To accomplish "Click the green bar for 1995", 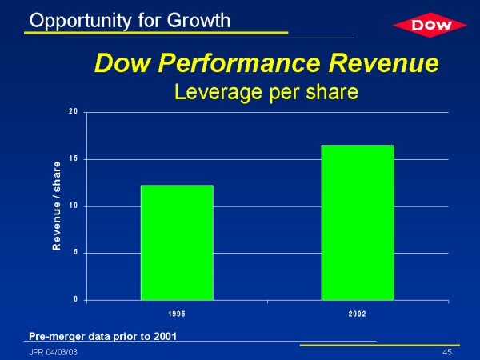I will point(177,242).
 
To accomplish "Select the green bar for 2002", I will point(358,222).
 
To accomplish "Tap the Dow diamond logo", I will point(424,26).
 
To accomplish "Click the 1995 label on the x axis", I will point(177,314).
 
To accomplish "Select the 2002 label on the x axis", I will point(358,314).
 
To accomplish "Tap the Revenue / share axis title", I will point(57,206).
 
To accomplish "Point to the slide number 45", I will point(446,352).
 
